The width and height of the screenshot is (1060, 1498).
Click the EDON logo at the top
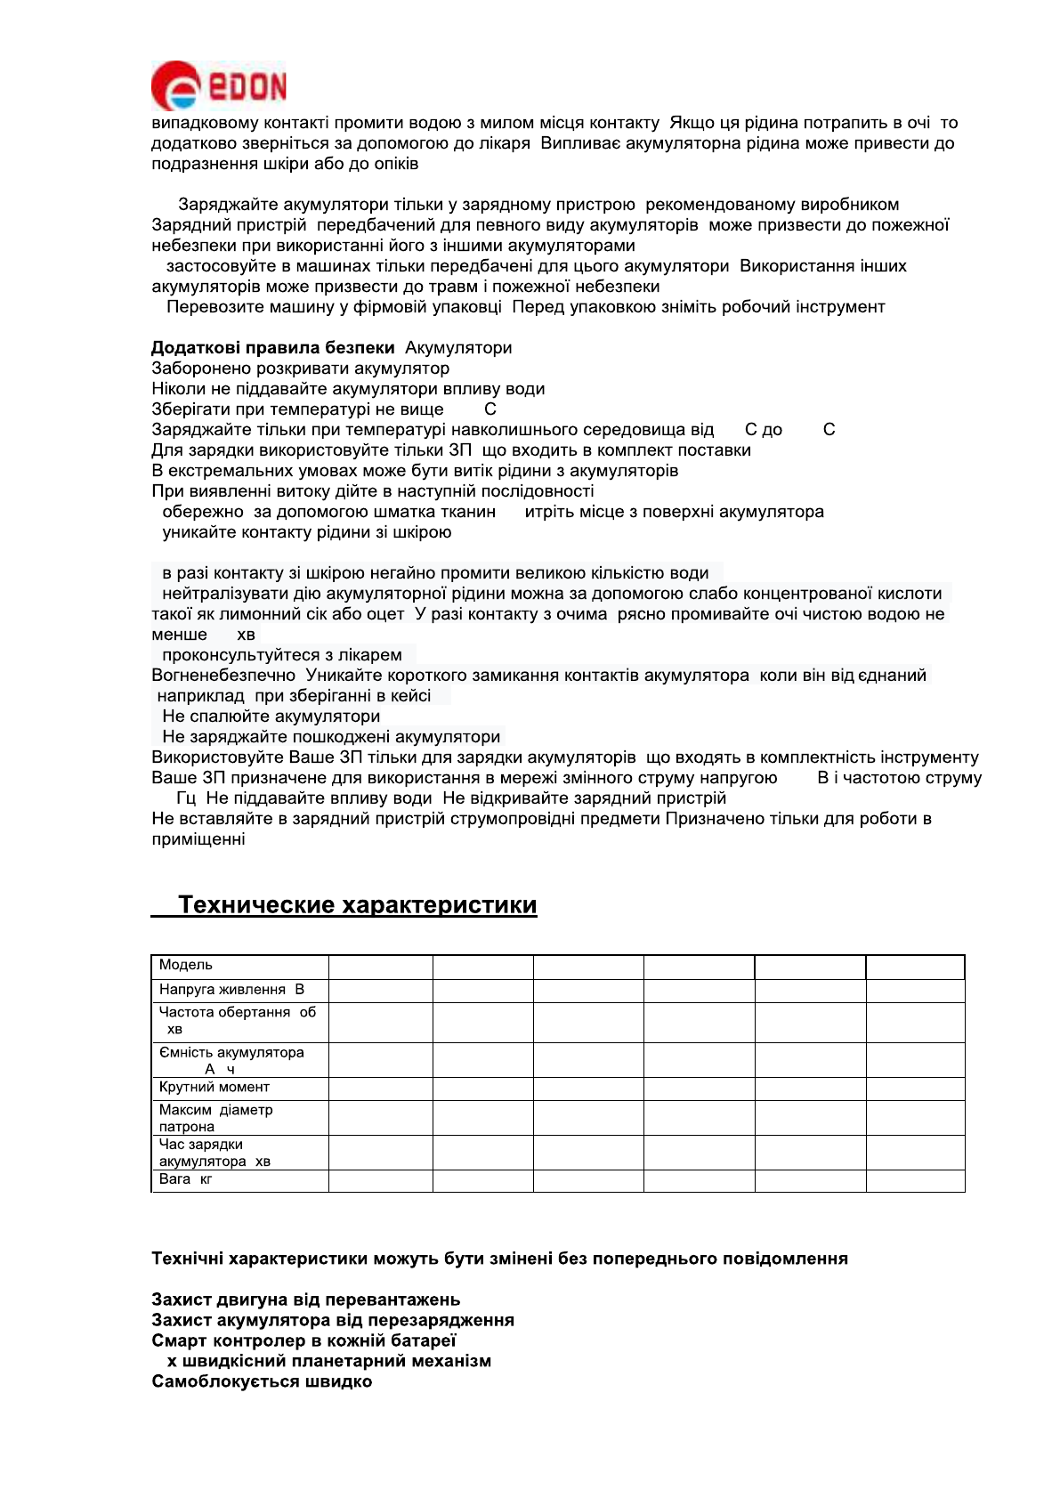[x=219, y=85]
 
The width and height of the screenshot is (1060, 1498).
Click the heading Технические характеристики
[x=357, y=905]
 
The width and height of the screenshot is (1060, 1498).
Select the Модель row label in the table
[x=186, y=966]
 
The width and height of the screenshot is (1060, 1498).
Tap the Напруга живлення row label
[x=231, y=990]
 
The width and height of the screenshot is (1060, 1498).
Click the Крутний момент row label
[x=214, y=1088]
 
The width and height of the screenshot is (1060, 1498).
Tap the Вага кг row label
[x=185, y=1179]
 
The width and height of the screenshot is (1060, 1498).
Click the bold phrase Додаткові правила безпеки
[x=272, y=348]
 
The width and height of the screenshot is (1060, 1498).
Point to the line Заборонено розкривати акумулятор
[x=300, y=368]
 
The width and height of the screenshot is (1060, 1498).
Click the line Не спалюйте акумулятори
[x=271, y=717]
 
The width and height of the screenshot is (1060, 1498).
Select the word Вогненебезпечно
[x=223, y=676]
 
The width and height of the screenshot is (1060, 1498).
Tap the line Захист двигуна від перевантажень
[x=305, y=1300]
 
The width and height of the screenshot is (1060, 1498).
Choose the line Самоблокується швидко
[x=262, y=1381]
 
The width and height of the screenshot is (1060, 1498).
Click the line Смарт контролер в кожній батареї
[x=303, y=1340]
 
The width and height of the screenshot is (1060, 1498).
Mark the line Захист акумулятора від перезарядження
[x=333, y=1320]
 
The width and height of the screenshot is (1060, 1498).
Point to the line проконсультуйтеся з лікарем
[x=281, y=655]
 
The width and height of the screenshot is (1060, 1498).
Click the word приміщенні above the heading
[x=198, y=839]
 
